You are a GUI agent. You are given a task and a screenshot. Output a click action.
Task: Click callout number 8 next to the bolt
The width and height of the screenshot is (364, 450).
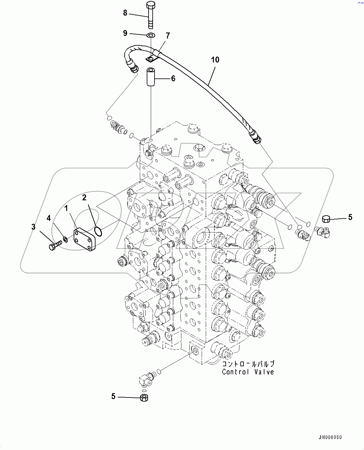[x=125, y=13]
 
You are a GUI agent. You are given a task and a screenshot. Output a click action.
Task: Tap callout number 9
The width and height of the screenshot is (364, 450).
[x=125, y=33]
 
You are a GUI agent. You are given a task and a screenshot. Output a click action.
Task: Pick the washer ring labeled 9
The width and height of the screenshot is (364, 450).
[x=150, y=35]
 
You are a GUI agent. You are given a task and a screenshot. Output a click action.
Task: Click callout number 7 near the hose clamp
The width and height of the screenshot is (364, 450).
[x=168, y=36]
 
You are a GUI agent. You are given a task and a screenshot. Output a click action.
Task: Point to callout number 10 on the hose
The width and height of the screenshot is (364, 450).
[x=215, y=60]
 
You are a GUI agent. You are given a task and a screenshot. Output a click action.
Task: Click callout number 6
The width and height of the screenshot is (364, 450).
[x=173, y=78]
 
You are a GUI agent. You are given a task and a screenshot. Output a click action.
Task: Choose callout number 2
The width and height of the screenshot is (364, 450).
[x=84, y=197]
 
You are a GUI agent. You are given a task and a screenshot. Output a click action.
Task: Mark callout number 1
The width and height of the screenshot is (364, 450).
[x=66, y=208]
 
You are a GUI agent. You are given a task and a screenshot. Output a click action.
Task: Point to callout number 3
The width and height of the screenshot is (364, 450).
[x=34, y=227]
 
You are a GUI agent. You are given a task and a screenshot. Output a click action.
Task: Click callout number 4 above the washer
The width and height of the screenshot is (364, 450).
[x=49, y=218]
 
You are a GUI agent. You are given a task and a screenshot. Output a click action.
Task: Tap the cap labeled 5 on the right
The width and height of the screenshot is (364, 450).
[x=326, y=219]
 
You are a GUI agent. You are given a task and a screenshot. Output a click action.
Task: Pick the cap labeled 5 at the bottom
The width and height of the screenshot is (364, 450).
[x=144, y=398]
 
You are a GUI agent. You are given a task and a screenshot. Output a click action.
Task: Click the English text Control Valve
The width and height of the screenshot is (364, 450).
[x=248, y=372]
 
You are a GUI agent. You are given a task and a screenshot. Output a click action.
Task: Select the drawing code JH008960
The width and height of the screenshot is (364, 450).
[x=330, y=437]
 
